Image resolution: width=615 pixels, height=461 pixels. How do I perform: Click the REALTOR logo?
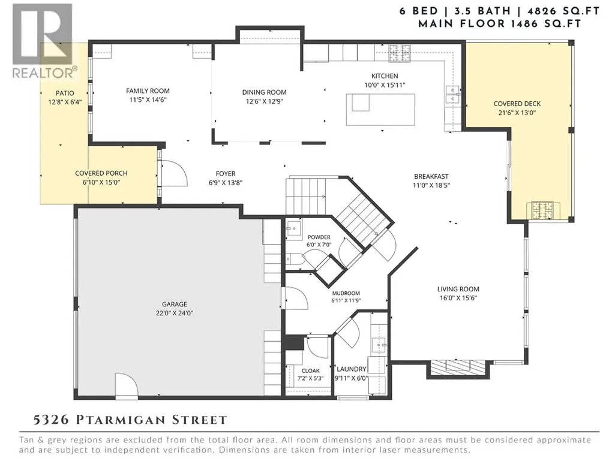tap(43, 41)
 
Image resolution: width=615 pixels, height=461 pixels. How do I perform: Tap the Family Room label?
tap(148, 91)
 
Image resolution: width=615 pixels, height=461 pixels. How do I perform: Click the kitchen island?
tap(380, 109)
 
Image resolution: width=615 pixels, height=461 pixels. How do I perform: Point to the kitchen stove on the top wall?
tap(400, 53)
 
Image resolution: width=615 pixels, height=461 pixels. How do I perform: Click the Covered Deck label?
tap(517, 104)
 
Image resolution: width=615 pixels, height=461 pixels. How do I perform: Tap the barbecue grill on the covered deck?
tap(542, 210)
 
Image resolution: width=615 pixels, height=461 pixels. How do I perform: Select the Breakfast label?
tap(431, 176)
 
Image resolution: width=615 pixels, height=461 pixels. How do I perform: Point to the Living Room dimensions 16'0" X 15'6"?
tap(458, 298)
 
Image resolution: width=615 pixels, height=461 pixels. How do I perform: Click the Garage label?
tap(175, 304)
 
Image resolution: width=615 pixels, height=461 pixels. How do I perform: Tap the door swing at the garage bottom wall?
tap(126, 385)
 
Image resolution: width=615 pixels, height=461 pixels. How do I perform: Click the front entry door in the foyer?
tap(174, 173)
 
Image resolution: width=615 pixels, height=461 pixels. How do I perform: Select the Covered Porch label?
tap(101, 173)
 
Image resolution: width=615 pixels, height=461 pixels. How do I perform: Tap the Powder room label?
tap(319, 237)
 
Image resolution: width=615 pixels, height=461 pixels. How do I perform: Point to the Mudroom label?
tap(346, 293)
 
